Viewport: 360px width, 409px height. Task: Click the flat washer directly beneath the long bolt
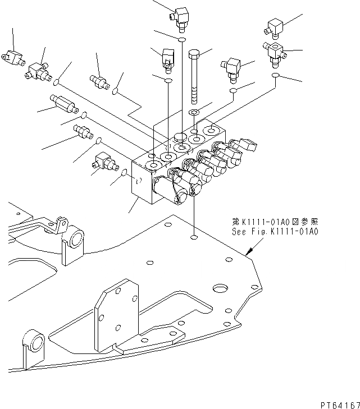point(194,113)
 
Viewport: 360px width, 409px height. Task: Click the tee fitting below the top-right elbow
point(274,52)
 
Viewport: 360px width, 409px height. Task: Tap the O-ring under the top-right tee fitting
point(275,75)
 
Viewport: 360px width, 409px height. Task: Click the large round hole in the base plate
point(221,289)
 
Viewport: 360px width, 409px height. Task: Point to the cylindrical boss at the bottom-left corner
point(35,342)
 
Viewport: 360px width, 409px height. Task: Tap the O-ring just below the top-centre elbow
point(181,40)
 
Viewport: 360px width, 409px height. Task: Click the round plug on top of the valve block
point(180,137)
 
